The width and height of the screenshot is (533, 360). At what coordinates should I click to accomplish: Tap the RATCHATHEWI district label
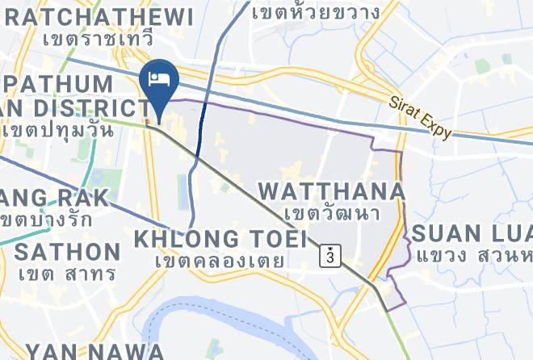pos(97,16)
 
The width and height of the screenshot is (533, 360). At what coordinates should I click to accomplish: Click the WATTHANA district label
pos(330,191)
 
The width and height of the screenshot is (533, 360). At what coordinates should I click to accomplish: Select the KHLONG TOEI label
pos(220,239)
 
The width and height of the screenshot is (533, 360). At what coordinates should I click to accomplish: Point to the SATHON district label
pos(67,251)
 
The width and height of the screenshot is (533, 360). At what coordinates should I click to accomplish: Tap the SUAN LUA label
pos(472,234)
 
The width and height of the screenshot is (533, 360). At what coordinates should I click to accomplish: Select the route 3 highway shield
pos(330,255)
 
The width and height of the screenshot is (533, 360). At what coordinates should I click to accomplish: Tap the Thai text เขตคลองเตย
pos(220,261)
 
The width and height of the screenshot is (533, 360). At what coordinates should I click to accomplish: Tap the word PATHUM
pos(58,84)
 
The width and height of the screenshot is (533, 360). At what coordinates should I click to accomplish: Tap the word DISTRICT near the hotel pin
pos(97,107)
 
